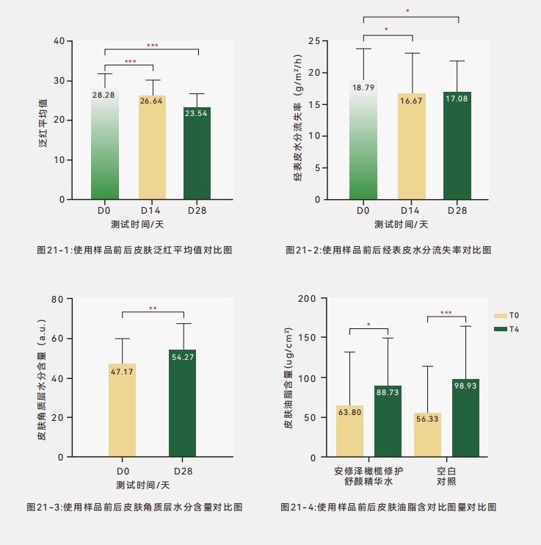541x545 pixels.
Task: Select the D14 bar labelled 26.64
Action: (x=153, y=147)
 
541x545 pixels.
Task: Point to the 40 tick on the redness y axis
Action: (x=59, y=40)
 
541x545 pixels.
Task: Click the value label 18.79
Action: (x=363, y=87)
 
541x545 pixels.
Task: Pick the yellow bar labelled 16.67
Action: (x=412, y=146)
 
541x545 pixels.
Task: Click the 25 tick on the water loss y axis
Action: (x=313, y=40)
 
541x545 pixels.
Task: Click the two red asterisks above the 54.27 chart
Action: (x=153, y=308)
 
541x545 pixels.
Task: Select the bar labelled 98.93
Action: (x=465, y=418)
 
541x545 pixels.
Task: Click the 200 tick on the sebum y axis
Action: (x=307, y=299)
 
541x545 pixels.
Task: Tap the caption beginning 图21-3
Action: (x=134, y=507)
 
